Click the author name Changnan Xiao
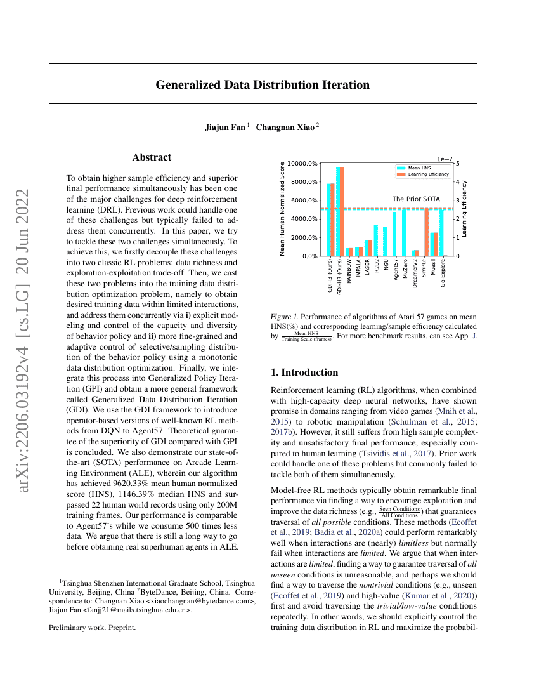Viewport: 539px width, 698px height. click(285, 127)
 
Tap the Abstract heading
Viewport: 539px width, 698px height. click(152, 157)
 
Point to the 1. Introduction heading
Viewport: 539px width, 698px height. click(304, 372)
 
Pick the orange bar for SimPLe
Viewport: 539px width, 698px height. click(427, 232)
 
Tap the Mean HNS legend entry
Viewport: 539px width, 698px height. click(419, 168)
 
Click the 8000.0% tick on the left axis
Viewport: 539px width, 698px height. click(302, 182)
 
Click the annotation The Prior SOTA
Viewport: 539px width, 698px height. click(416, 199)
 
